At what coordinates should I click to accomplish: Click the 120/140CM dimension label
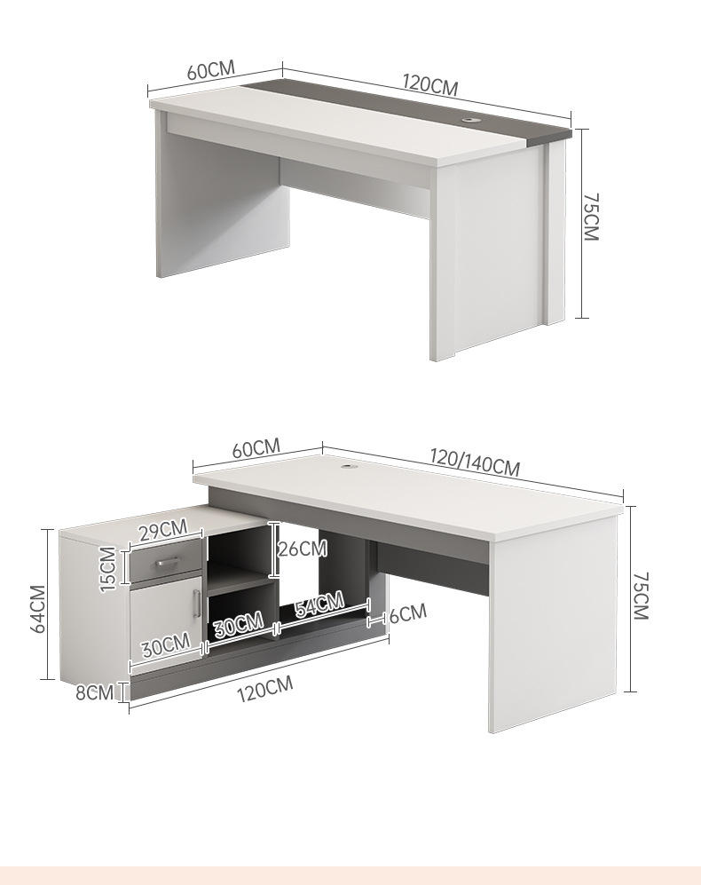point(475,462)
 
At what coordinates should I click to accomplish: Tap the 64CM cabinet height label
point(38,609)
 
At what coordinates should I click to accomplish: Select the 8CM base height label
point(95,692)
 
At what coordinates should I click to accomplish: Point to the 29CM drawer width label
point(163,531)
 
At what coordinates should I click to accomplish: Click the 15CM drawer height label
point(108,569)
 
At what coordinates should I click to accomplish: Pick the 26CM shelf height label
point(303,549)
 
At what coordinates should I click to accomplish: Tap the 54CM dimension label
point(319,604)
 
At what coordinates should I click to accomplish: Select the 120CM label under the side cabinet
point(264,689)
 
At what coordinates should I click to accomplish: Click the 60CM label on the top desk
point(210,69)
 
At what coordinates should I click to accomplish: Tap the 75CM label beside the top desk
point(590,217)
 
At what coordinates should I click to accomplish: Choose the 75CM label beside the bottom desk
point(641,596)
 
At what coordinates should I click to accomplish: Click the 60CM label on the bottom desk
point(256,448)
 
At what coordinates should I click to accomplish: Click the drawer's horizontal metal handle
point(167,562)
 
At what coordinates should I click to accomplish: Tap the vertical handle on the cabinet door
point(196,604)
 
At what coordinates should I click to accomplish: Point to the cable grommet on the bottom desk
point(349,467)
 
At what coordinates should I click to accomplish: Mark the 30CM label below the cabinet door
point(165,645)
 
